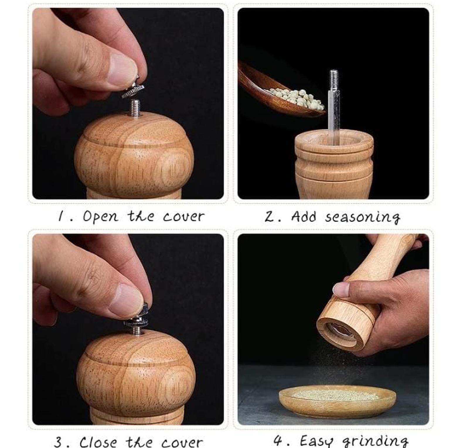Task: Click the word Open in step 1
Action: click(x=100, y=217)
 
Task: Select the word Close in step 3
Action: click(x=99, y=442)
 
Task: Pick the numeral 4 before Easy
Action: click(x=277, y=440)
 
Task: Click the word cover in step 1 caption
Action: click(x=183, y=217)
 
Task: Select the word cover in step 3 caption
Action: click(x=182, y=442)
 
